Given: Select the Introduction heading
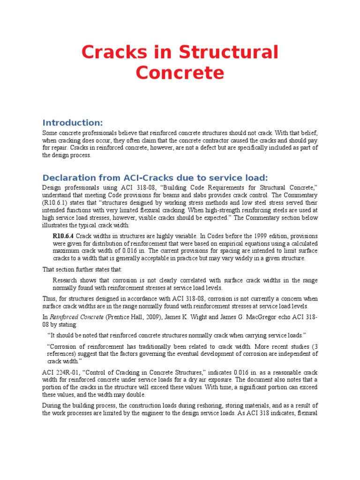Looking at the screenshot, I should pos(72,123).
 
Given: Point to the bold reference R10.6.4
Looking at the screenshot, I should pos(64,236).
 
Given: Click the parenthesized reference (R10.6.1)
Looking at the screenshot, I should pos(57,203).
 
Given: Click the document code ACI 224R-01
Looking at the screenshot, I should pos(60,372).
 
